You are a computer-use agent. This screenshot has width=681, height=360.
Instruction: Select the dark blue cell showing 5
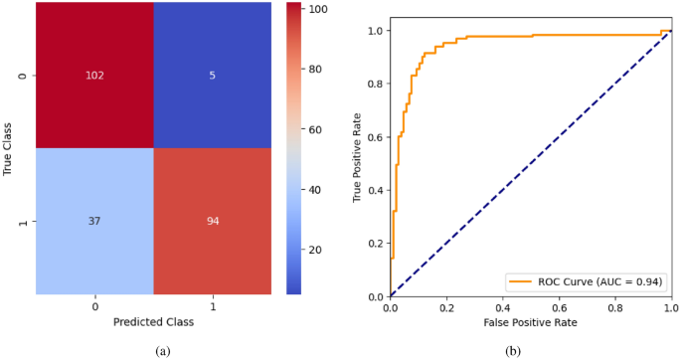click(x=212, y=76)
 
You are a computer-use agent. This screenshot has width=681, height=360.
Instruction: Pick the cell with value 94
click(x=212, y=222)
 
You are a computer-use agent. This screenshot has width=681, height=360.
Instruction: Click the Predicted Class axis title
click(x=153, y=322)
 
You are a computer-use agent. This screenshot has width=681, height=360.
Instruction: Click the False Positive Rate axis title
click(x=530, y=323)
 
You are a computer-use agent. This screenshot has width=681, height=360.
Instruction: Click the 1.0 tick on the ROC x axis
click(x=672, y=308)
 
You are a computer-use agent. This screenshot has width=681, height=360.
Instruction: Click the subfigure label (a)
click(x=163, y=350)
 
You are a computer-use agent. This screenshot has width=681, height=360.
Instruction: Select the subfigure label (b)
click(x=513, y=350)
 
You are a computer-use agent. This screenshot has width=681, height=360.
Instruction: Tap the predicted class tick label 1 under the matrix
click(x=212, y=306)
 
